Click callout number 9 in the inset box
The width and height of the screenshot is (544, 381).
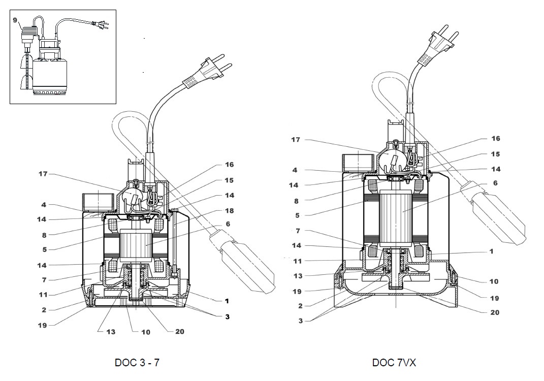tap(15, 20)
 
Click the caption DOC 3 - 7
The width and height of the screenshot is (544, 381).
tap(137, 363)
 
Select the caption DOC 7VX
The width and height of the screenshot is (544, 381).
tap(395, 363)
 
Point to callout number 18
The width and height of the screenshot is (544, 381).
tap(230, 211)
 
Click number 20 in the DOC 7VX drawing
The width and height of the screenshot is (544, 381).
tap(495, 312)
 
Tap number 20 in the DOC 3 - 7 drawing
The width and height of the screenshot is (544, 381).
tap(180, 332)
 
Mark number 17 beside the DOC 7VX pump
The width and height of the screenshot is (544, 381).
tap(295, 139)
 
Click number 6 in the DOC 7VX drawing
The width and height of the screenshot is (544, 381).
tap(495, 183)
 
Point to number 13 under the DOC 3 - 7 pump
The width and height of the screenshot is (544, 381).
tap(111, 332)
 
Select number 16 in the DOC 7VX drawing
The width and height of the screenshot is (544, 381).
tap(495, 138)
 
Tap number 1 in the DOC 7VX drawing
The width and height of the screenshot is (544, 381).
tap(491, 251)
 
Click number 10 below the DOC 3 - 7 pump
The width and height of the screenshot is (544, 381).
tap(146, 332)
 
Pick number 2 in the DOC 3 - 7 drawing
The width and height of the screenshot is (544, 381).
tap(44, 309)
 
